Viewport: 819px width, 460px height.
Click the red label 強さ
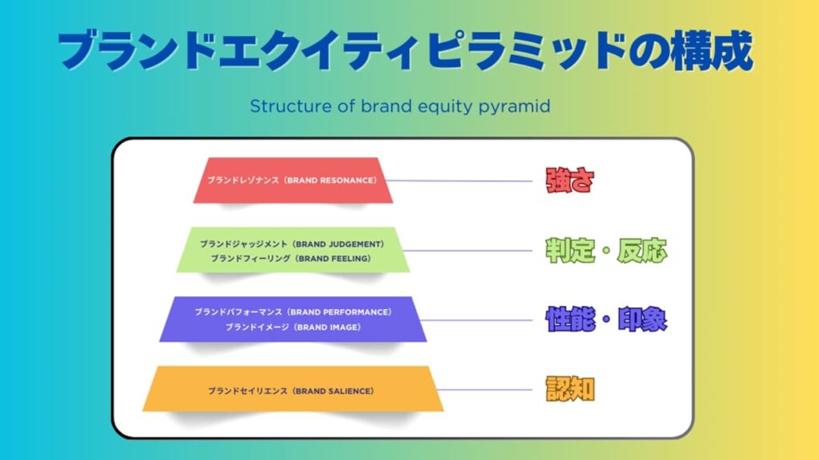click(x=569, y=180)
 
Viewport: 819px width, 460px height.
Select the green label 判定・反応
click(x=606, y=251)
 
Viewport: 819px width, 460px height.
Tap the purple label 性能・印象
click(x=606, y=319)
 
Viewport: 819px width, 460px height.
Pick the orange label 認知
click(x=569, y=389)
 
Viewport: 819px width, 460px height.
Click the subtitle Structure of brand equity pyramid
click(x=400, y=106)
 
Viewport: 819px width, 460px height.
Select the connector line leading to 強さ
click(x=464, y=180)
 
